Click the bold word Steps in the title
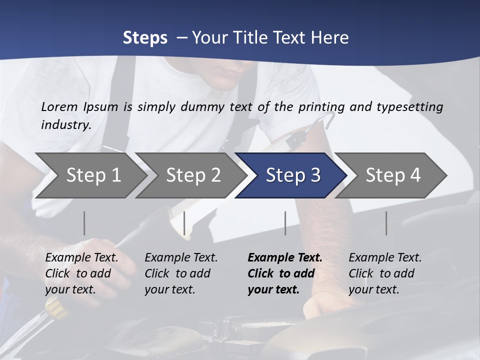(x=145, y=38)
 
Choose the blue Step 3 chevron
(x=293, y=175)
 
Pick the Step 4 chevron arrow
(x=393, y=175)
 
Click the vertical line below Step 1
(x=84, y=223)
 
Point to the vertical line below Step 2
(x=184, y=223)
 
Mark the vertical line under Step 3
(x=285, y=223)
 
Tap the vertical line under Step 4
(x=386, y=223)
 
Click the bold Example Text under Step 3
(x=285, y=273)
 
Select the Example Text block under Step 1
(x=81, y=273)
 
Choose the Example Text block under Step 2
(x=181, y=273)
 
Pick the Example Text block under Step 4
(x=385, y=273)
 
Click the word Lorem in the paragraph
(x=59, y=107)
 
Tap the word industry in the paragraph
(x=65, y=125)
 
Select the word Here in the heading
(x=330, y=38)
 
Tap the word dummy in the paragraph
(x=202, y=107)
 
